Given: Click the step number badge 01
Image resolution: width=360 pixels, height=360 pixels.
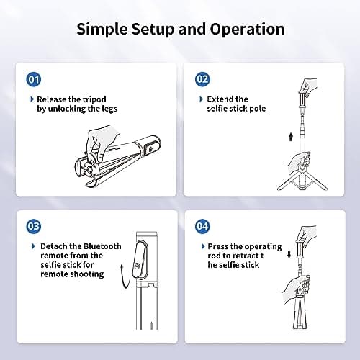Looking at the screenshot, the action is click(34, 79).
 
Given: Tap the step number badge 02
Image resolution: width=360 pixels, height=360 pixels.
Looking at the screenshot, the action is click(202, 79).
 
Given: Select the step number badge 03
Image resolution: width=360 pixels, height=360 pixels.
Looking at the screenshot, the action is click(34, 226).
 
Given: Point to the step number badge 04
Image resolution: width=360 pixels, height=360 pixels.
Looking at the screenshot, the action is click(202, 226).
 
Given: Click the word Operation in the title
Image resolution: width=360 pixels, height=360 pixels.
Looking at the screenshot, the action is click(247, 30).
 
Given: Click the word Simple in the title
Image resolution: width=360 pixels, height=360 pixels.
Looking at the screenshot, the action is click(102, 30).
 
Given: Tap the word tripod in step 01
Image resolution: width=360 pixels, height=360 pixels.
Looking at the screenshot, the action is click(94, 99).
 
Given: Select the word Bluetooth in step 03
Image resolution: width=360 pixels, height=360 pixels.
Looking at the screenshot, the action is click(102, 246).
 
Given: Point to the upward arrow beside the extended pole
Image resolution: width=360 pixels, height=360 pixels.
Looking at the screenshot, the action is click(291, 137).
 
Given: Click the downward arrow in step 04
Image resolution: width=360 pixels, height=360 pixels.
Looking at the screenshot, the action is click(289, 255).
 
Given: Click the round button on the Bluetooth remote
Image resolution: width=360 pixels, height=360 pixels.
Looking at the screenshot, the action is click(137, 266).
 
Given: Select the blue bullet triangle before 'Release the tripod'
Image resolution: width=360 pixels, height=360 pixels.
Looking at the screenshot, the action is click(32, 99).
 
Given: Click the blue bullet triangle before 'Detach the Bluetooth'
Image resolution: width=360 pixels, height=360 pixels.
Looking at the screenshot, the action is click(34, 246).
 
